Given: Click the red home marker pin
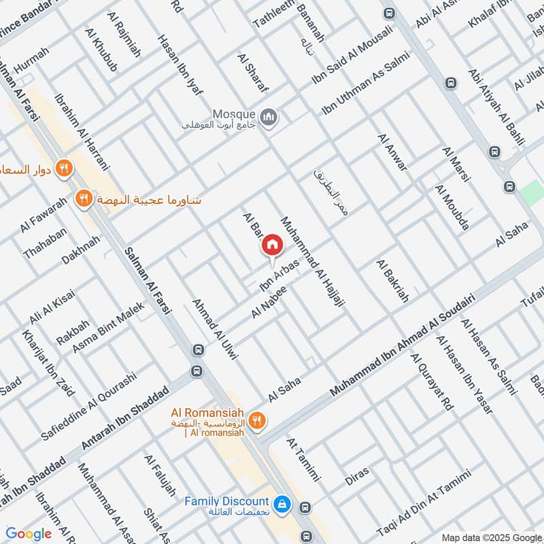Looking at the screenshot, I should [x=272, y=245].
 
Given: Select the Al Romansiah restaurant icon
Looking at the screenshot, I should [x=256, y=420].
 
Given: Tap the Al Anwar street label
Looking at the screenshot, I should [x=392, y=152].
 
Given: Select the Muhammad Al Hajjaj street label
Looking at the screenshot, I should [x=313, y=265].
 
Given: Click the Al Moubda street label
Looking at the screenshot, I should [x=452, y=207].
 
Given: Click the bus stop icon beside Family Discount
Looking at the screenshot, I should [x=305, y=507].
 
